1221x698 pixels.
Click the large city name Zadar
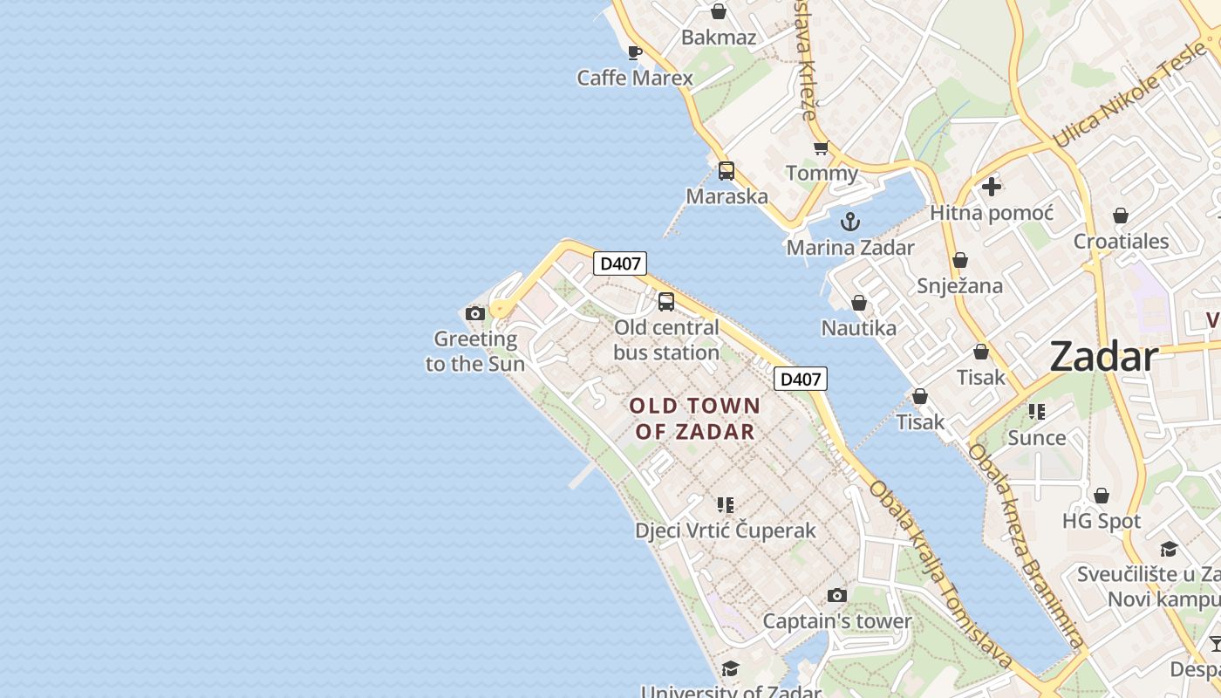coord(1103,357)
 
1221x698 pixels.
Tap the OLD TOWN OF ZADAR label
coord(695,418)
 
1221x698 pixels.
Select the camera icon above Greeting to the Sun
coord(475,313)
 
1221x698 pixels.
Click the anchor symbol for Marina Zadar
coord(850,222)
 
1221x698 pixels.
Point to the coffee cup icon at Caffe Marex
coord(635,52)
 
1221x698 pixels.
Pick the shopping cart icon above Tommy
coord(821,147)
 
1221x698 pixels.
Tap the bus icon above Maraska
coord(726,171)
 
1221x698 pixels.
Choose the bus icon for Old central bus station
coord(666,302)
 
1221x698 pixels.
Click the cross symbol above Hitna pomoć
coord(992,186)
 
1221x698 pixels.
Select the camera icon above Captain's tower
coord(837,595)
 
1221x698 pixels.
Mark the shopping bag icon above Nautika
coord(859,303)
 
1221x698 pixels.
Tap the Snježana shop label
coord(959,285)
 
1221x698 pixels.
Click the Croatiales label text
coord(1121,241)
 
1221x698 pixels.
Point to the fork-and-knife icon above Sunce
coord(1037,411)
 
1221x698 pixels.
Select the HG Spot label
coord(1101,521)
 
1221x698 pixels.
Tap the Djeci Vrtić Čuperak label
coord(725,530)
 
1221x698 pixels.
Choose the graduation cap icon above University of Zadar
coord(730,668)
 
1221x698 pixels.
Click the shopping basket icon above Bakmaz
coord(719,11)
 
